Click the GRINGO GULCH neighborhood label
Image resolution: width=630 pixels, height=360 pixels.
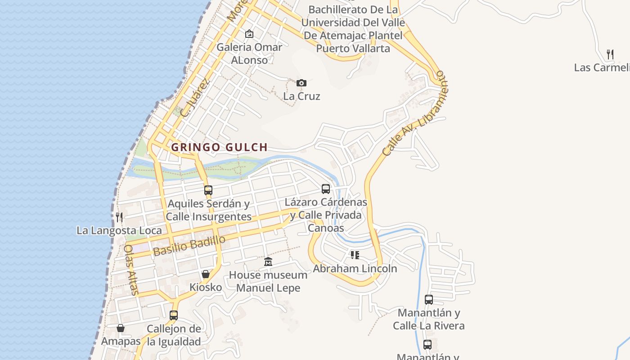(219, 147)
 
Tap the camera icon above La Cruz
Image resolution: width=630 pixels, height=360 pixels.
(301, 83)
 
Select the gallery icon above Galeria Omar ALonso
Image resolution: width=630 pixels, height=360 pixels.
(249, 34)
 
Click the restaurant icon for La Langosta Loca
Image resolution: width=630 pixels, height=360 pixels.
(119, 217)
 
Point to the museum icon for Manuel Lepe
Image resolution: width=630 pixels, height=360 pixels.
(268, 261)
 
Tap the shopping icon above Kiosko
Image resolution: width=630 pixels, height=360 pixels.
(206, 274)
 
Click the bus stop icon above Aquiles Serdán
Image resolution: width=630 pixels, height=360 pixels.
(208, 190)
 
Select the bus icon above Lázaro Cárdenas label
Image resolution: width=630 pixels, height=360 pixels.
(326, 189)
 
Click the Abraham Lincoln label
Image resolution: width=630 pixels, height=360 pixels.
(355, 269)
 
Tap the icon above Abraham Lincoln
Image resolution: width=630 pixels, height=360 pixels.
(355, 255)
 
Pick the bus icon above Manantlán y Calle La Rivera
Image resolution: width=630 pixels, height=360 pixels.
(429, 299)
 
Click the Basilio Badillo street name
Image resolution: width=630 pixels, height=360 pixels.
(189, 246)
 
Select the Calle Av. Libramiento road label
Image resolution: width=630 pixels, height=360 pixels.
(413, 113)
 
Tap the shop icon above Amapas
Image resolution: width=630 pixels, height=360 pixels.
(120, 328)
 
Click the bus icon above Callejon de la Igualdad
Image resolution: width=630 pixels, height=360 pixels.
(174, 315)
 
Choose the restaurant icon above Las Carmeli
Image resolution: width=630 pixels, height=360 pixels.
(610, 54)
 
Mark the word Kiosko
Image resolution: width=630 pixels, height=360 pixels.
(206, 287)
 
